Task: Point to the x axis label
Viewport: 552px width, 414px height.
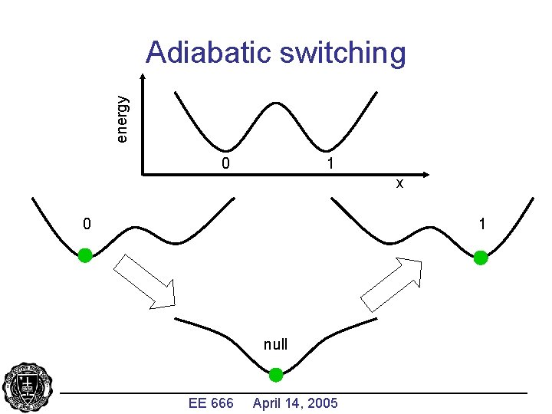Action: pos(399,184)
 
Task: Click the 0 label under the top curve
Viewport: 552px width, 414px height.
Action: pos(225,163)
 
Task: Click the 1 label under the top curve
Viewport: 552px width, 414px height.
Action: pos(329,163)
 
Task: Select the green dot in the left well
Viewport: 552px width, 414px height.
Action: pos(85,255)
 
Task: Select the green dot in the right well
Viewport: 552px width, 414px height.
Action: pos(481,258)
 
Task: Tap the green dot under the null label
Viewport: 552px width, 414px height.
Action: pos(276,375)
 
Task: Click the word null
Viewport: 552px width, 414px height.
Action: pos(276,344)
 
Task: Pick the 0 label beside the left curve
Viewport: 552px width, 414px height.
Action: pos(87,224)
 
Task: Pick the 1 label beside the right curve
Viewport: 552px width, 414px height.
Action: pos(482,224)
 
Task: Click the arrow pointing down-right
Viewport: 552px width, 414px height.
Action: pos(146,281)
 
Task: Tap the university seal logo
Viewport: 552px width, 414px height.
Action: pos(28,387)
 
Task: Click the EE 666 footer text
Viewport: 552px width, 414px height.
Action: pos(210,402)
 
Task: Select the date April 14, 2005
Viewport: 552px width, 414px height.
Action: pos(295,402)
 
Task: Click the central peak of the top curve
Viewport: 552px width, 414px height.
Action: pos(276,101)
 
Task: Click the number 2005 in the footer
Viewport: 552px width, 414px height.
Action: pos(321,402)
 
